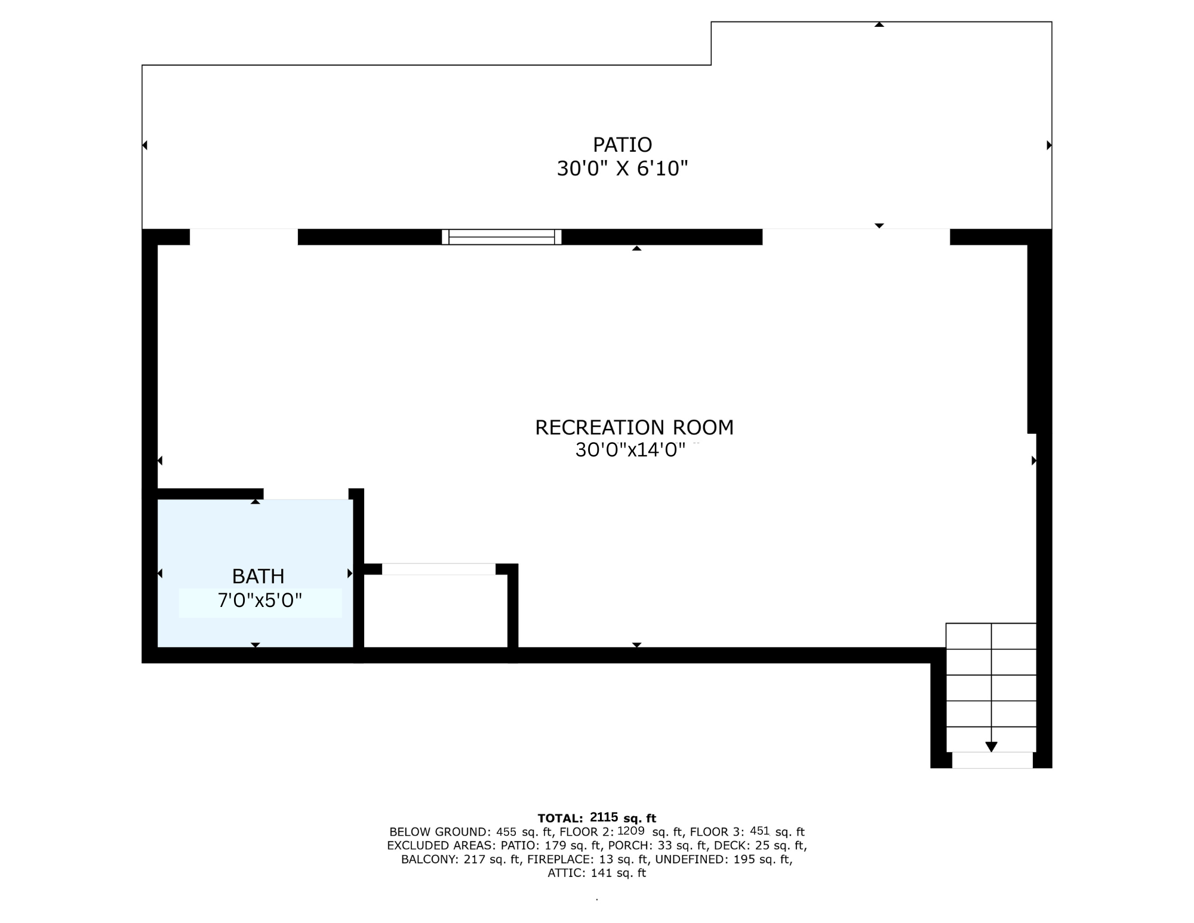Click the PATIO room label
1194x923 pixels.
pyautogui.click(x=622, y=145)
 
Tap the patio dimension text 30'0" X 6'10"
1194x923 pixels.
pyautogui.click(x=622, y=169)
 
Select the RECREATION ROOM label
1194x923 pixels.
pyautogui.click(x=634, y=428)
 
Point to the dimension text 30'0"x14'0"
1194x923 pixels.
pyautogui.click(x=630, y=450)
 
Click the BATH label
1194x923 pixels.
pyautogui.click(x=258, y=577)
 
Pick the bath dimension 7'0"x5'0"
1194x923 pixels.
pyautogui.click(x=260, y=600)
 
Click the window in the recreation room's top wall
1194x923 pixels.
pyautogui.click(x=501, y=237)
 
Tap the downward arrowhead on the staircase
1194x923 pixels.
pyautogui.click(x=991, y=747)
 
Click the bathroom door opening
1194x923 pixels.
pyautogui.click(x=306, y=494)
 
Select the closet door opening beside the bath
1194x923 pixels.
pyautogui.click(x=439, y=569)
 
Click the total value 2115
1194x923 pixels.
pyautogui.click(x=604, y=817)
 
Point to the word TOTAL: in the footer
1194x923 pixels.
pyautogui.click(x=560, y=818)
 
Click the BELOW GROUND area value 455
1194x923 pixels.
pyautogui.click(x=506, y=832)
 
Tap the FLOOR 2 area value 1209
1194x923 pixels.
pyautogui.click(x=630, y=831)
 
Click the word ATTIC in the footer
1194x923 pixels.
pyautogui.click(x=567, y=873)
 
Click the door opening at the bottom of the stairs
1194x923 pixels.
pyautogui.click(x=992, y=760)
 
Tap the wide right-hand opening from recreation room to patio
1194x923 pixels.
pyautogui.click(x=856, y=237)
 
